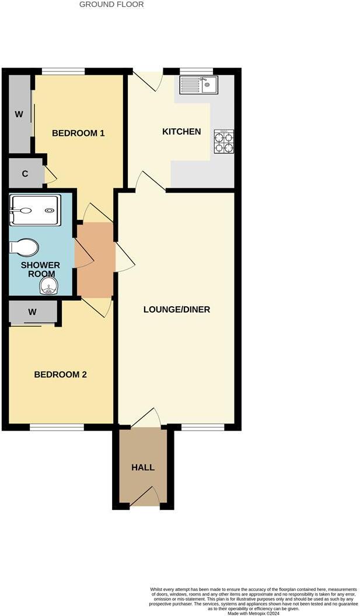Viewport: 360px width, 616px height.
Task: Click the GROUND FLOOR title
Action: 111,5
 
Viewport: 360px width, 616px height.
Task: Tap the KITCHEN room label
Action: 181,132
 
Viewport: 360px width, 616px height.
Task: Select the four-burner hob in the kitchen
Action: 224,141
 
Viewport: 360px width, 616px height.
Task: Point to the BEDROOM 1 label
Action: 78,133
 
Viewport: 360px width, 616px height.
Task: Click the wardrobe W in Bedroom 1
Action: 19,114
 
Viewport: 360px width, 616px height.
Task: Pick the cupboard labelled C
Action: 25,174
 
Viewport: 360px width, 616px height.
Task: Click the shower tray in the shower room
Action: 34,210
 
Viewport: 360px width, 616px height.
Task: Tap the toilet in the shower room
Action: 24,247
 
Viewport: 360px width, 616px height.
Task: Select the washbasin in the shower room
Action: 49,286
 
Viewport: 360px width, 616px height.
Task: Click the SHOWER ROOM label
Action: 40,269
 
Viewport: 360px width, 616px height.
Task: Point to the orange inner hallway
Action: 95,260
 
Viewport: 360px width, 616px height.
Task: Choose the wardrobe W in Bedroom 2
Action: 33,313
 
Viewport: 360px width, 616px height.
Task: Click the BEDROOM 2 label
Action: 61,374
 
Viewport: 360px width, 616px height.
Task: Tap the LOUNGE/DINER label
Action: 177,309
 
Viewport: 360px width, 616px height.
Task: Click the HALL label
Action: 143,468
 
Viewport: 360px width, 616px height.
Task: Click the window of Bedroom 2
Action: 57,428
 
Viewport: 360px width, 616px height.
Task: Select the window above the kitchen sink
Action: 196,72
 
